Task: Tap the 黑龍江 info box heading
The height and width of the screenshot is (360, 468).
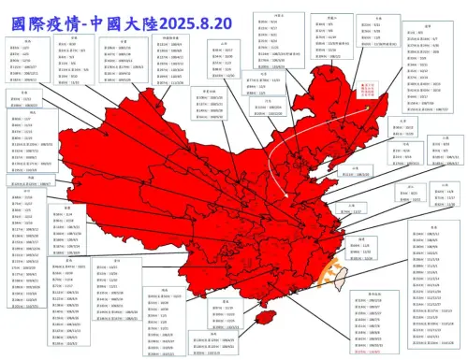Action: pos(357,17)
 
